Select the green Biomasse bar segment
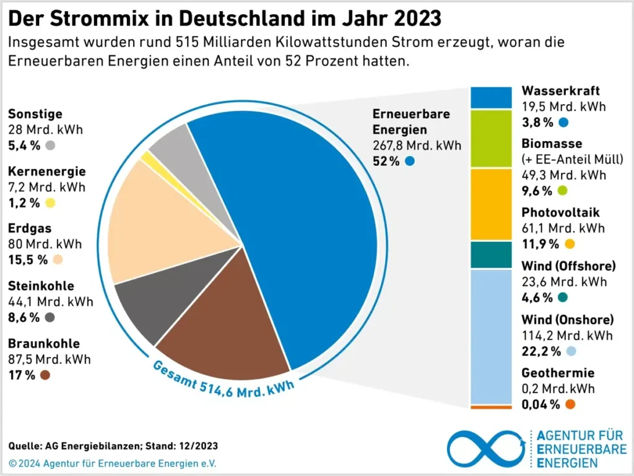pyautogui.click(x=492, y=139)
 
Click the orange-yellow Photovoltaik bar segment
pyautogui.click(x=492, y=204)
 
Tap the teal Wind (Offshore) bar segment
pyautogui.click(x=492, y=254)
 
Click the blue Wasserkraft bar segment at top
pyautogui.click(x=492, y=98)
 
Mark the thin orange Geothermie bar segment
pyautogui.click(x=492, y=407)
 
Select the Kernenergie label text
pyautogui.click(x=47, y=171)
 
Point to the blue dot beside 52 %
pyautogui.click(x=410, y=161)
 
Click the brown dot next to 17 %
pyautogui.click(x=45, y=374)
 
